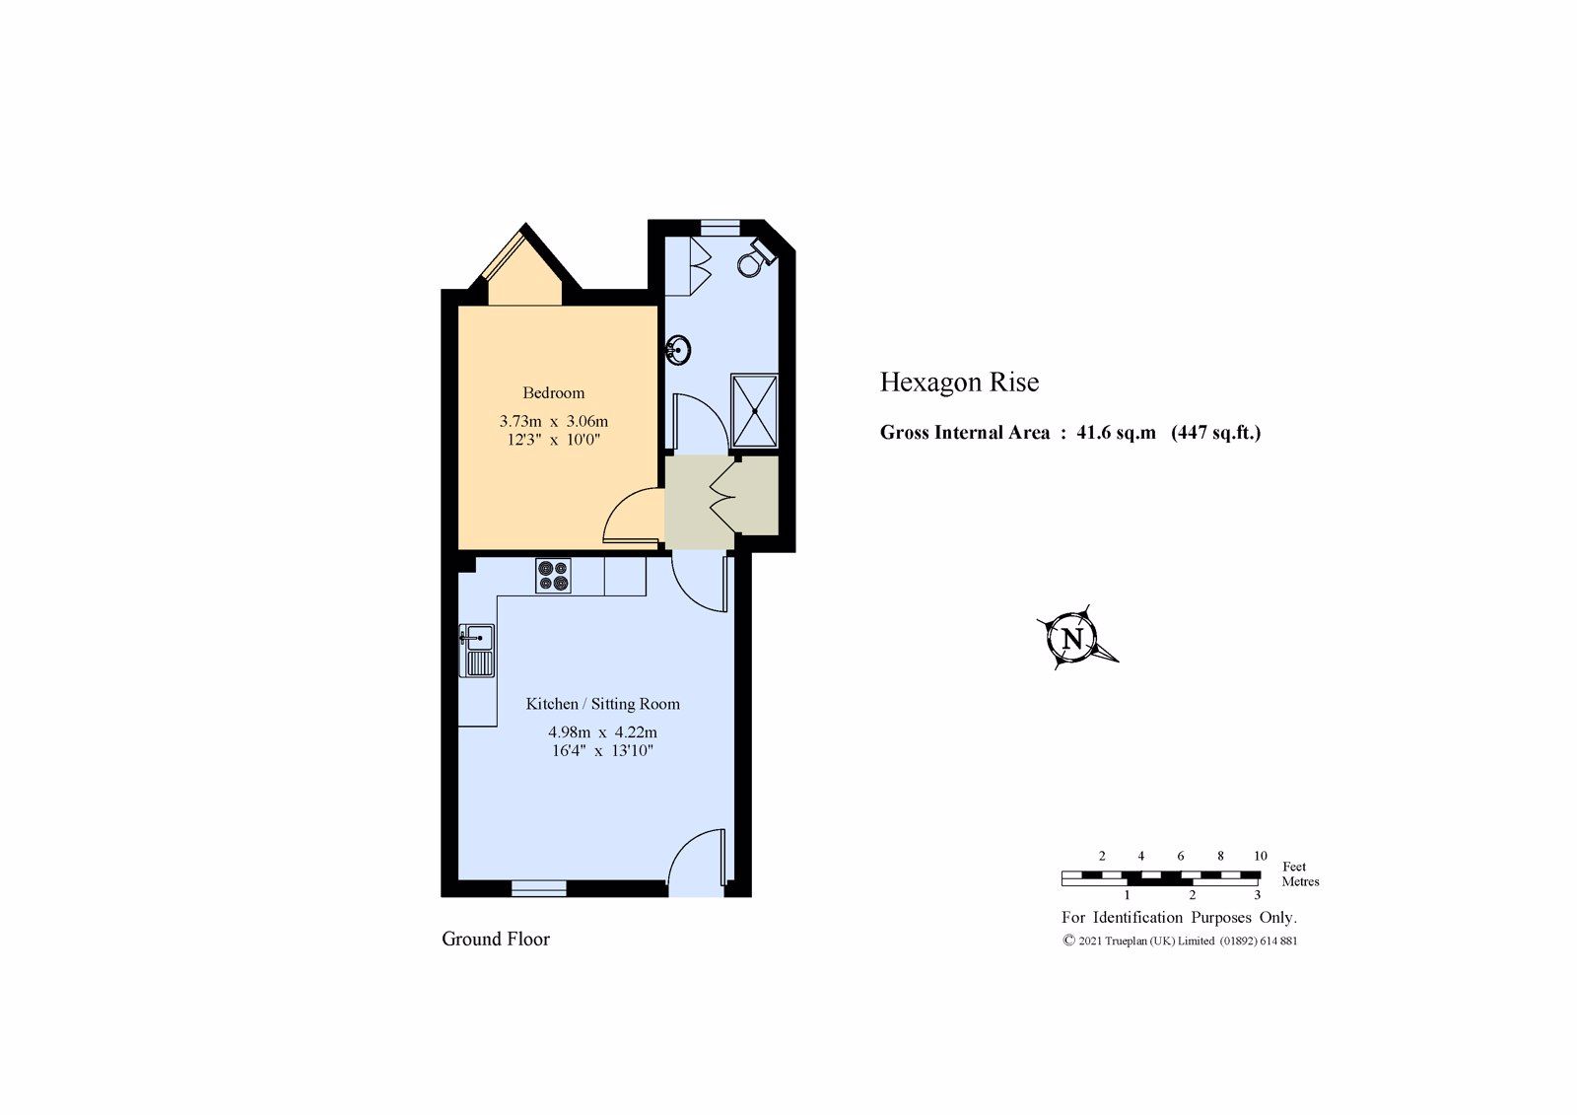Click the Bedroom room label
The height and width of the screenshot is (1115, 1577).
(x=553, y=392)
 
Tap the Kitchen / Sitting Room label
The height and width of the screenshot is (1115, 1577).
(x=602, y=704)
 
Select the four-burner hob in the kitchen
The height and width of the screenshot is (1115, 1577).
(x=553, y=576)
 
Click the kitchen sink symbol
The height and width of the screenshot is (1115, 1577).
(x=478, y=650)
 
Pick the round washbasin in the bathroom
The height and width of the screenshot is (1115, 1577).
(x=678, y=349)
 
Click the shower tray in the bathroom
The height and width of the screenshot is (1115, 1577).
(x=754, y=411)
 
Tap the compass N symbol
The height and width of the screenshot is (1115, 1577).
(x=1073, y=638)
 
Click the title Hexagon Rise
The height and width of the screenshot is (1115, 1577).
(x=959, y=383)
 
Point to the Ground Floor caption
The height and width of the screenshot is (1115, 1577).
(x=495, y=940)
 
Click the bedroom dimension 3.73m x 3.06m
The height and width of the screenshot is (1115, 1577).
(x=553, y=421)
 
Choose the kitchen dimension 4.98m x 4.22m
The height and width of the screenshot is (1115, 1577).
(x=602, y=732)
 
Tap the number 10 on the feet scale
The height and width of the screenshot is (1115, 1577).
(x=1260, y=856)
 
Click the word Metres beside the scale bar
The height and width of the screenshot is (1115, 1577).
(x=1300, y=881)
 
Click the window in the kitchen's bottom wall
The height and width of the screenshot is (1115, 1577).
(x=539, y=888)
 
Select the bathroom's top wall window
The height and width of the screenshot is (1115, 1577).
(x=720, y=227)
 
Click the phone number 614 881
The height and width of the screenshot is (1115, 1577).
(x=1276, y=941)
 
